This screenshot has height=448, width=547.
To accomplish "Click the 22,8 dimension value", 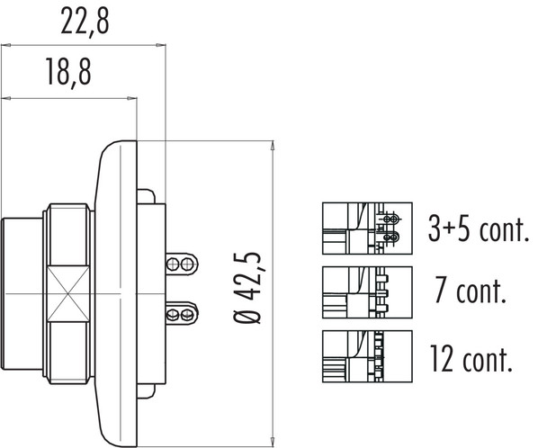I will click(85, 22).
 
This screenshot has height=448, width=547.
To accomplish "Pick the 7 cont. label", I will click(469, 292).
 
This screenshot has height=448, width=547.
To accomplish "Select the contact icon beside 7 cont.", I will click(366, 293).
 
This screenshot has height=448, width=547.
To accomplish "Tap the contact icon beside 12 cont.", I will click(366, 358).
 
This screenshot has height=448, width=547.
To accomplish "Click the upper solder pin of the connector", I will click(180, 264).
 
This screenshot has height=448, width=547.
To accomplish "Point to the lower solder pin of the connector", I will click(180, 313).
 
